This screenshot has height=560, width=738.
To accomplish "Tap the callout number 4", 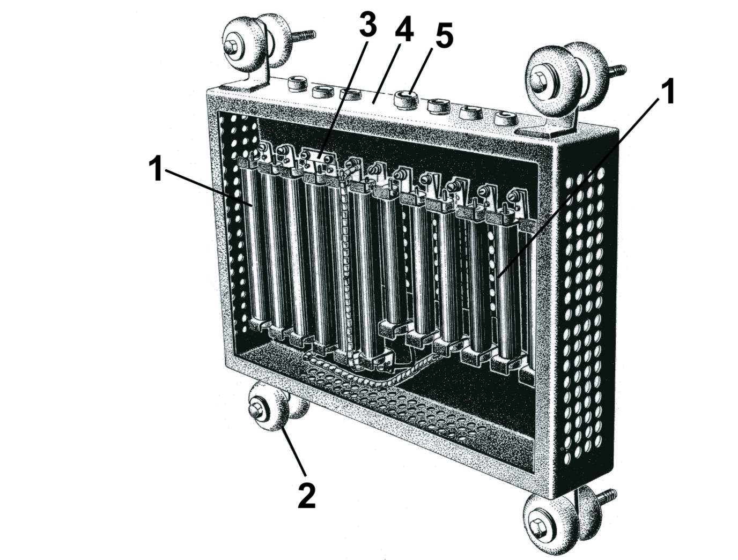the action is point(404,32).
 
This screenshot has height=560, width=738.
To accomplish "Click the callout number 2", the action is point(307,495).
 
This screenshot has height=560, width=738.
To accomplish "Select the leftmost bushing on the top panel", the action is point(296,85).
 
